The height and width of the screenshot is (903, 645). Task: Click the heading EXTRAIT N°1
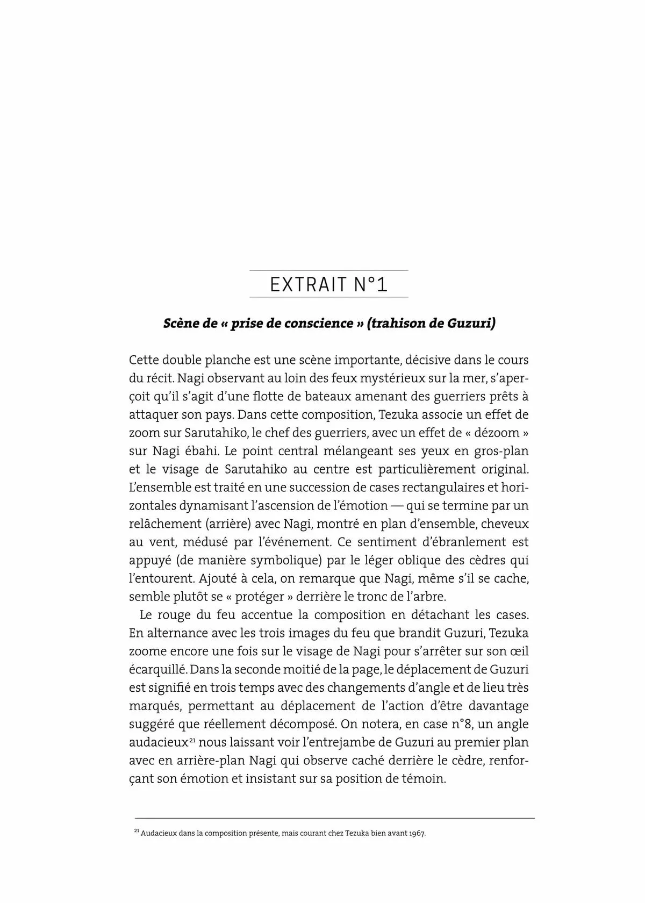pyautogui.click(x=328, y=284)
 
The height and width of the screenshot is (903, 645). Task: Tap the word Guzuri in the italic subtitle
pyautogui.click(x=470, y=324)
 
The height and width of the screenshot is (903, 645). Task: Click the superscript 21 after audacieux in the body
pyautogui.click(x=191, y=740)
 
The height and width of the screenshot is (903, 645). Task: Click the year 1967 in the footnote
pyautogui.click(x=417, y=834)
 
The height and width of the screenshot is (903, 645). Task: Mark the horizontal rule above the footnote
pyautogui.click(x=334, y=818)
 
